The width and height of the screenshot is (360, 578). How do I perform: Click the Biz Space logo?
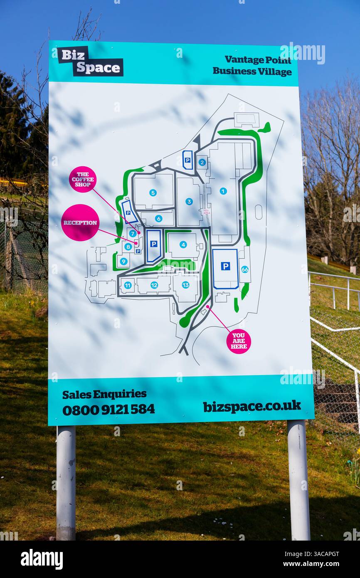pos(90,62)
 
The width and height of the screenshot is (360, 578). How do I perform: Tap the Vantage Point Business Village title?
pos(252,65)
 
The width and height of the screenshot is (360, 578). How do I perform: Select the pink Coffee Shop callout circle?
pos(83,179)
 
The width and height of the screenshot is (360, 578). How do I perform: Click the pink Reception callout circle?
pos(80,222)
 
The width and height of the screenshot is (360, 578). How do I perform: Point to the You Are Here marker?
pos(239,341)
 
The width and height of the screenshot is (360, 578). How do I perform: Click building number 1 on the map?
pos(223,191)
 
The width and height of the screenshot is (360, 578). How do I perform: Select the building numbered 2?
pos(202,162)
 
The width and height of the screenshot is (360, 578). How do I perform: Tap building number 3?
pos(189,201)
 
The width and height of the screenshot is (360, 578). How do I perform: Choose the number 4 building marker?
pos(183,245)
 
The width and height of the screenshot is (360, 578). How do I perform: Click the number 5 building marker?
pos(153,193)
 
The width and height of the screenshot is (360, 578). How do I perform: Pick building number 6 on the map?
pos(158,218)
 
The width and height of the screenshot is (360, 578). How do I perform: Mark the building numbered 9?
pos(123,261)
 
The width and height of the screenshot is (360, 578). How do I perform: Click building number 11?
pos(128,285)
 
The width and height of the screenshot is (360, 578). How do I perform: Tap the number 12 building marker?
pos(154,285)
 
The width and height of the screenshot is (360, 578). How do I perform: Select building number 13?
pos(185,285)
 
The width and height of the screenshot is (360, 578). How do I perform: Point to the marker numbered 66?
pos(245,269)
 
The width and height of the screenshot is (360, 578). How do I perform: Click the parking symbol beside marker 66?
pos(225,266)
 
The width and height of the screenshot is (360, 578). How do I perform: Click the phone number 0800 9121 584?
pos(108,409)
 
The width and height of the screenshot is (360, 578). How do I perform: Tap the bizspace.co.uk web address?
pos(252,406)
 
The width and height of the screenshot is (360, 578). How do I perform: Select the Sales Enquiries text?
pos(104,394)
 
